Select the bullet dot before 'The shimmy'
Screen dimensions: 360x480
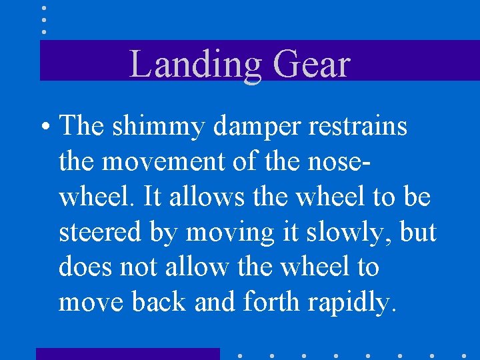[43, 125]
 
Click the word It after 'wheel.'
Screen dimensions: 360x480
[152, 197]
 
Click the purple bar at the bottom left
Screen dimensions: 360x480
[127, 353]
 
